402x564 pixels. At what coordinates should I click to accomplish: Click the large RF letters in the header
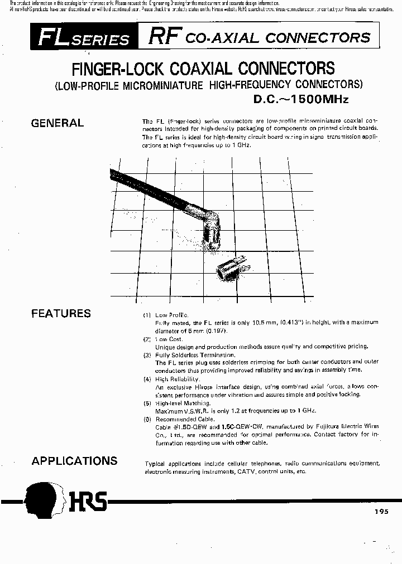[x=164, y=37]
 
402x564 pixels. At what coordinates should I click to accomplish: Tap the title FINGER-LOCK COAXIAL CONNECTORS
[x=204, y=69]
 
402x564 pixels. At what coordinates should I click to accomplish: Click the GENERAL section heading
[x=58, y=123]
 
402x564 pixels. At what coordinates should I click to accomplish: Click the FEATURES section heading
[x=61, y=313]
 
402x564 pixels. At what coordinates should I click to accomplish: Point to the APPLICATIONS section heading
[x=74, y=461]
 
